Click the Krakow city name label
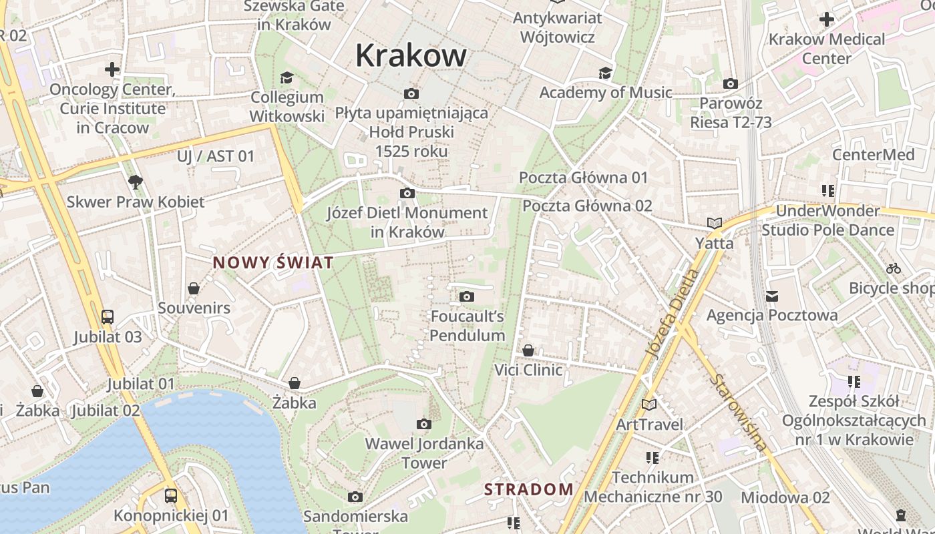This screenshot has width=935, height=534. tap(411, 55)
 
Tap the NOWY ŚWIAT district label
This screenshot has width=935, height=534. tap(272, 263)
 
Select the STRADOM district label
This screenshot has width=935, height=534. tap(529, 489)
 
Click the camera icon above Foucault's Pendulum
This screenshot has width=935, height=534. tap(467, 296)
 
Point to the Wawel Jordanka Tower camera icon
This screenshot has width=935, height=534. tap(423, 424)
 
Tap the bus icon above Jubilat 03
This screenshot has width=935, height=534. tap(107, 316)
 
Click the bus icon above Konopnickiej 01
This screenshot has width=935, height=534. tap(171, 495)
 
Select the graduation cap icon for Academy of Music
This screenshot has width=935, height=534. tap(605, 73)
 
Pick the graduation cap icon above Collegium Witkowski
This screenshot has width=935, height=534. tap(287, 77)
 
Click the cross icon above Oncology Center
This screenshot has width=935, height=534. tap(112, 69)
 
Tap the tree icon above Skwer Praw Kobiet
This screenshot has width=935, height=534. tap(136, 182)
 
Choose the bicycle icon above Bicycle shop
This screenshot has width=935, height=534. tap(894, 268)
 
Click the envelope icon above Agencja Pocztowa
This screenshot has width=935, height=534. tap(772, 295)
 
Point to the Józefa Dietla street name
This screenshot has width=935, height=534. tap(673, 314)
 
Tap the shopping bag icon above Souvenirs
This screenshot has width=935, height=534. tap(194, 288)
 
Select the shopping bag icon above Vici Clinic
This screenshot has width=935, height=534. tap(528, 350)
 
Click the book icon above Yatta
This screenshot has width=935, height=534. tap(715, 223)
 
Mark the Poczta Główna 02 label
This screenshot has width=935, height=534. tap(587, 206)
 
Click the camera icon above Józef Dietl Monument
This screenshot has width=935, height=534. tap(407, 194)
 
